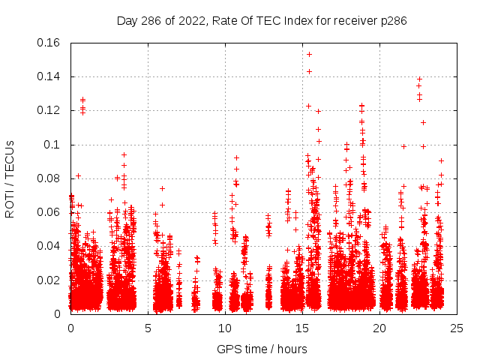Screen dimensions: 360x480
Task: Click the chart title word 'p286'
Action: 393,20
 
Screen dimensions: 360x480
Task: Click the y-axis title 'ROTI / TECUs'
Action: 10,178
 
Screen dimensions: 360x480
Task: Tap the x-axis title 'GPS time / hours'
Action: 262,349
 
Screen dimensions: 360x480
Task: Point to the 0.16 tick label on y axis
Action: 49,43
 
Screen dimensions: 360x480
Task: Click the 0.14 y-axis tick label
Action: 49,76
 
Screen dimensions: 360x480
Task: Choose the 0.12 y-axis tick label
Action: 49,110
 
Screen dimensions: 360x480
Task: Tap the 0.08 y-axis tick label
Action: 49,178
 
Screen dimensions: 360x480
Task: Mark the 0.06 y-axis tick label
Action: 49,212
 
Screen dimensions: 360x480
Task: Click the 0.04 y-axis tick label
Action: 49,246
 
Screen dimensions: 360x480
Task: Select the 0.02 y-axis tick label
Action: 49,280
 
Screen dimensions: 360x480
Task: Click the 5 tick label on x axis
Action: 148,328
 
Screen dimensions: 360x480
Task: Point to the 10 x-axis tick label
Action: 225,328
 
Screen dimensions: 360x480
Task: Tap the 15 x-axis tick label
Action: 302,328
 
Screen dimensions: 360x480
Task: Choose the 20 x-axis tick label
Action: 379,328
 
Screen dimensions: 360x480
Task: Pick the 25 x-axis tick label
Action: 457,328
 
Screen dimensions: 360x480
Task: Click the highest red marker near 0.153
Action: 309,54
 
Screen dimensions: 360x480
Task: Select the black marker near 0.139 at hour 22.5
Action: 419,79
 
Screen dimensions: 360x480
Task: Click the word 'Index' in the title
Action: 299,20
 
